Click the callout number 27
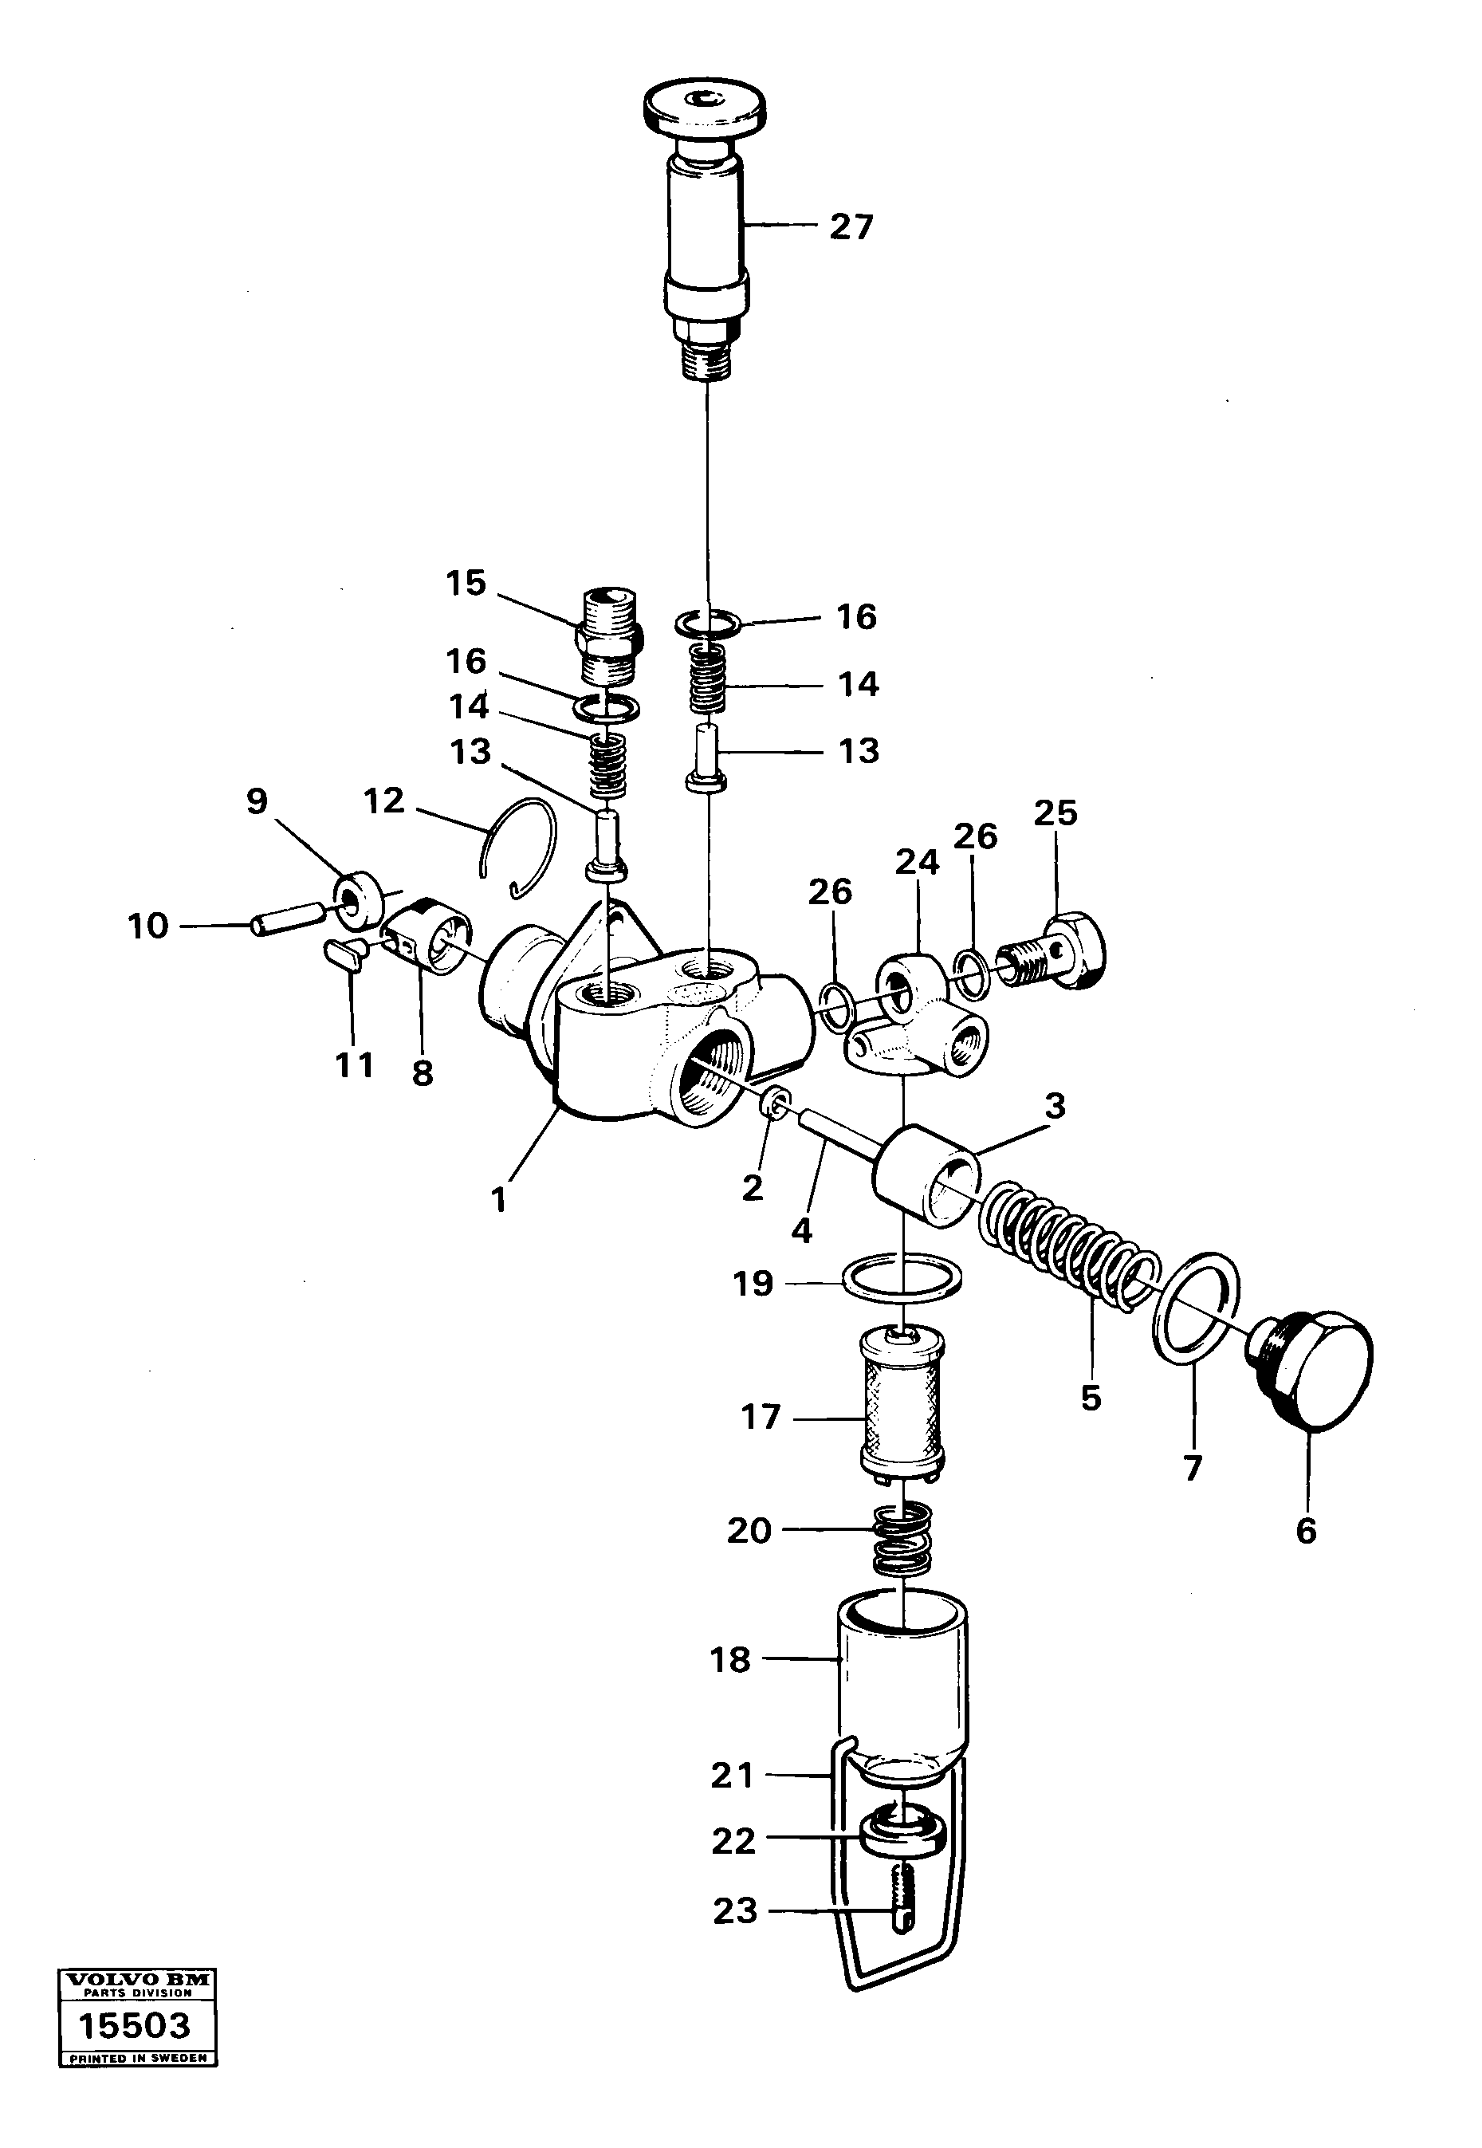[851, 226]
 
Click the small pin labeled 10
[288, 920]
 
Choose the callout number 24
[917, 863]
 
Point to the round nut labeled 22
[902, 1838]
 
